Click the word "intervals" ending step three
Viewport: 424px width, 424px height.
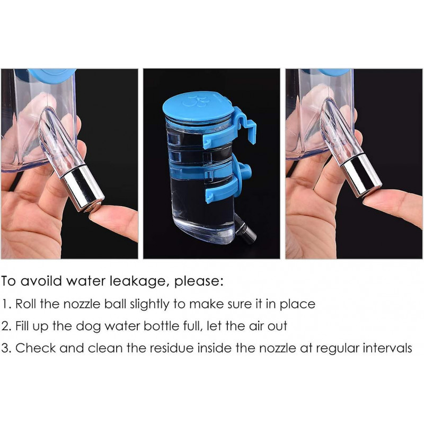pyautogui.click(x=386, y=349)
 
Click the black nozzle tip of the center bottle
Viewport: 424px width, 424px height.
pyautogui.click(x=248, y=234)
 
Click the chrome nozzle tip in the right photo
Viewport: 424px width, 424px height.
pyautogui.click(x=361, y=174)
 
